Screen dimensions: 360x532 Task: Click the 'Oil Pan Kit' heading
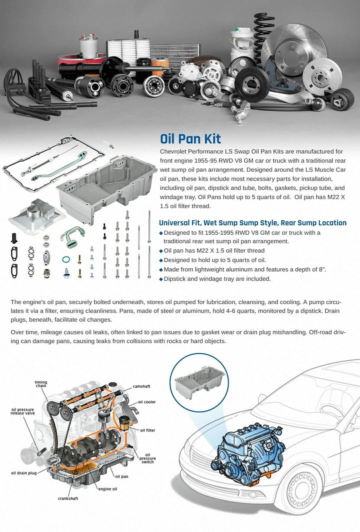[x=190, y=139]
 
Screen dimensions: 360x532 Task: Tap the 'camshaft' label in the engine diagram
[x=141, y=386]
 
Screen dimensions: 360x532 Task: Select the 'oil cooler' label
[x=147, y=402]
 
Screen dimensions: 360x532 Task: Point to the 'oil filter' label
[x=148, y=430]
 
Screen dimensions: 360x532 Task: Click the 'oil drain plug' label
[x=23, y=473]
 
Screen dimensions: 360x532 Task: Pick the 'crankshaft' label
[x=68, y=498]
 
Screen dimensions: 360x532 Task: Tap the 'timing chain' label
[x=41, y=384]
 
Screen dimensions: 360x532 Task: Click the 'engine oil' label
[x=107, y=489]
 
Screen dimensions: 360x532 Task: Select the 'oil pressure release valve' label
[x=22, y=411]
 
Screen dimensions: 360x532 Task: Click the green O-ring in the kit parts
[x=66, y=260]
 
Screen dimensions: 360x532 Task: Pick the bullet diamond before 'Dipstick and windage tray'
[x=161, y=279]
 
